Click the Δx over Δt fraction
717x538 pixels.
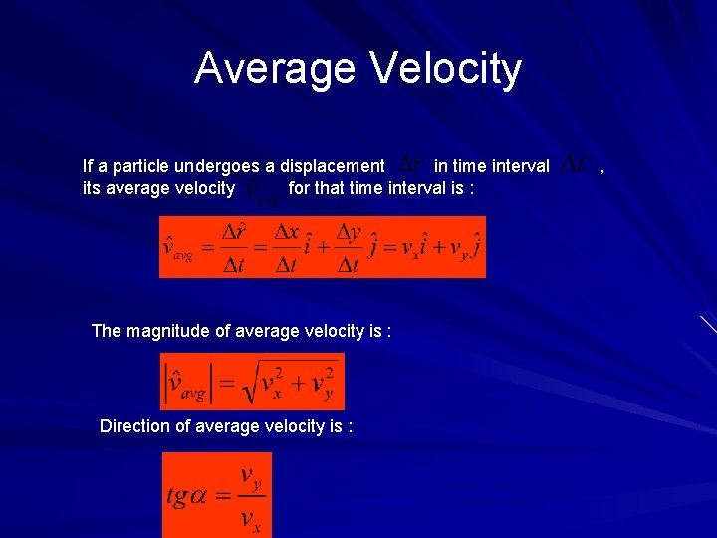[288, 247]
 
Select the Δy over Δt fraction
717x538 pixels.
[349, 247]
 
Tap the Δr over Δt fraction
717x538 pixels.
[233, 247]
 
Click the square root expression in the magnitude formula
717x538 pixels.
[289, 383]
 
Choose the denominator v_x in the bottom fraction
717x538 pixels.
[250, 518]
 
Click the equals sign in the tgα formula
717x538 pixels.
[223, 497]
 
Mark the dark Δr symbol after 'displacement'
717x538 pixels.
[412, 163]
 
